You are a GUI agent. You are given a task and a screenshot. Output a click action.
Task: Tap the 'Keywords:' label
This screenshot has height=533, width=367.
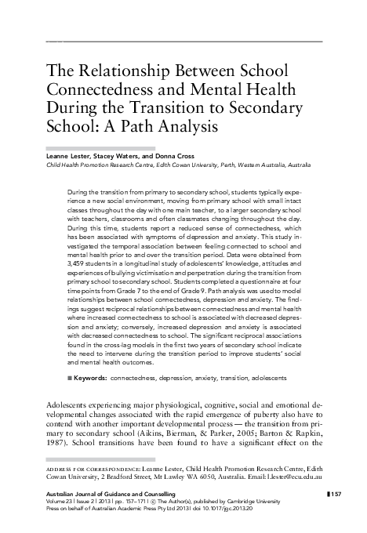tap(90, 378)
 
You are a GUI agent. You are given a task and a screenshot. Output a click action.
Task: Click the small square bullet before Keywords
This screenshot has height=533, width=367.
tap(71, 378)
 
